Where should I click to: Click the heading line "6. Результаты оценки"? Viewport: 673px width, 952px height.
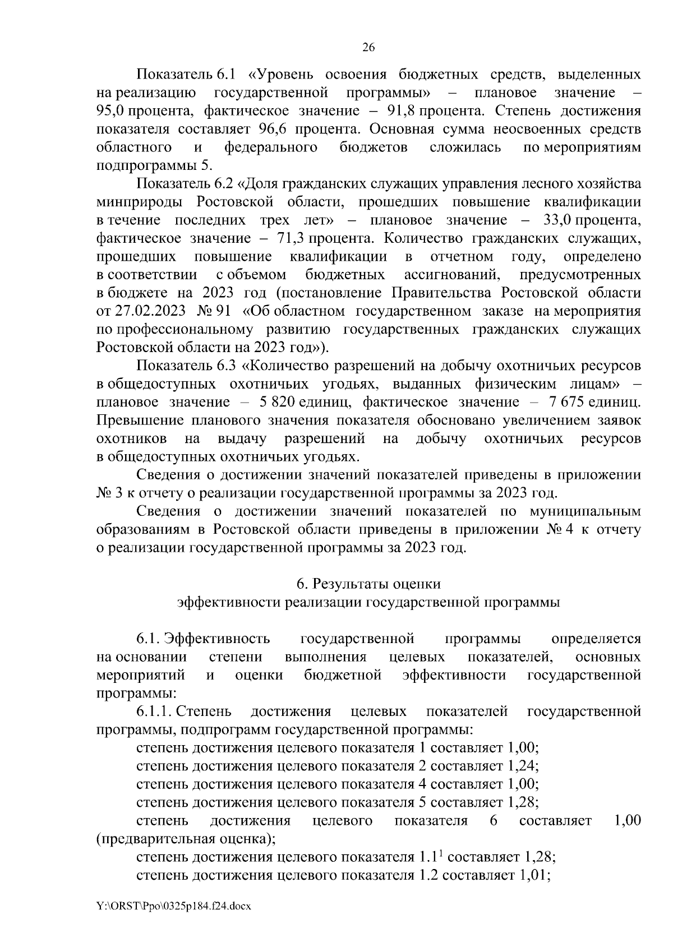click(368, 584)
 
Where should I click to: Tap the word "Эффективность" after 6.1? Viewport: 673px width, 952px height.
click(220, 639)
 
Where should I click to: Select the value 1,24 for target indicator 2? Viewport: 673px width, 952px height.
click(522, 766)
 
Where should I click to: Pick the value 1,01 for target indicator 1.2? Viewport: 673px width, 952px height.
click(533, 875)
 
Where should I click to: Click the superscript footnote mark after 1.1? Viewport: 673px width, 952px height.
click(441, 854)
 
